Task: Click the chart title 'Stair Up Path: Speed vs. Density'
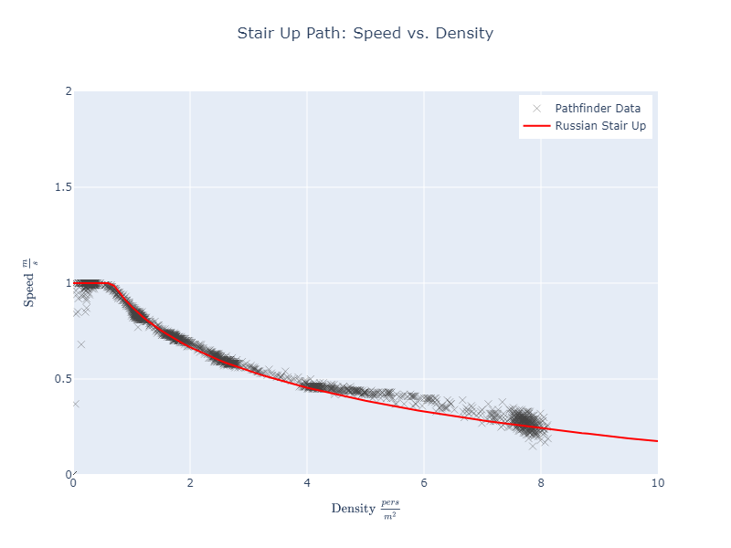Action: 365,34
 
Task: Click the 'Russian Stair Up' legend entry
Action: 600,126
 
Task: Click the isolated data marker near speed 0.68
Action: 81,344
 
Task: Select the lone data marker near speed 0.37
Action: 75,404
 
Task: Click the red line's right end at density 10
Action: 657,441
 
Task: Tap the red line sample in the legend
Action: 536,126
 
